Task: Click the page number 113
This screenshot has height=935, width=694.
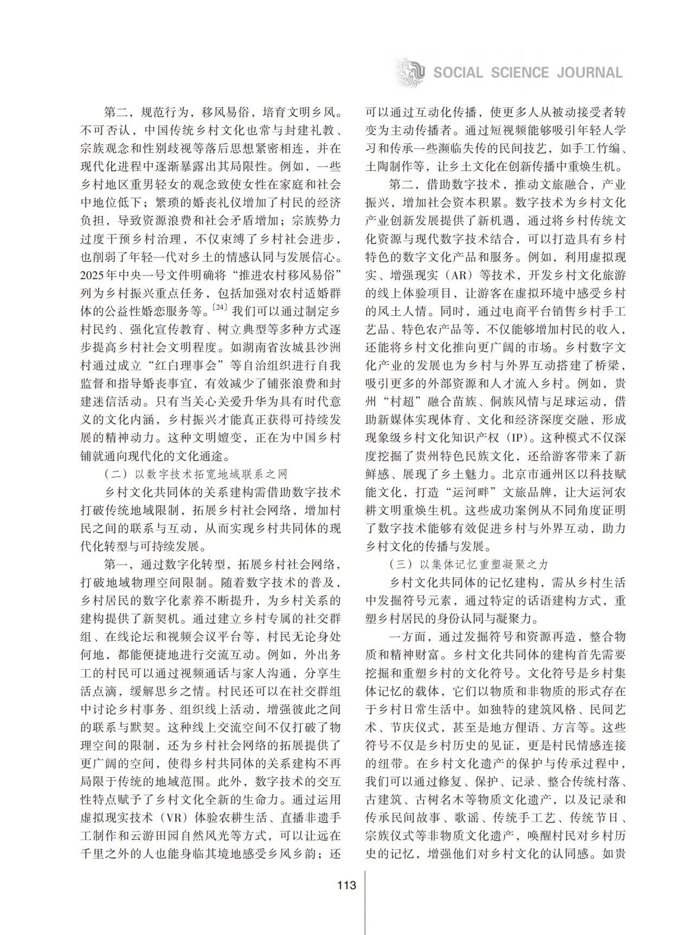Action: point(346,886)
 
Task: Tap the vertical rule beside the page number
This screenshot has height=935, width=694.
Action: point(365,900)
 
